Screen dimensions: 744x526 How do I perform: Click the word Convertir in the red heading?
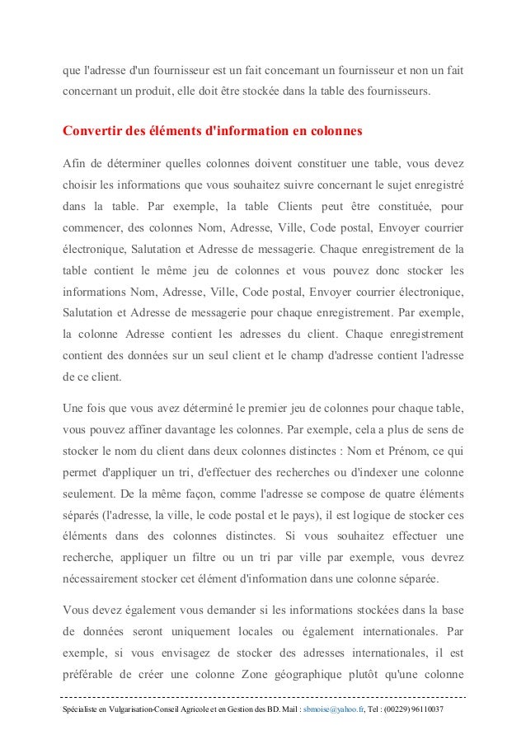92,132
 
